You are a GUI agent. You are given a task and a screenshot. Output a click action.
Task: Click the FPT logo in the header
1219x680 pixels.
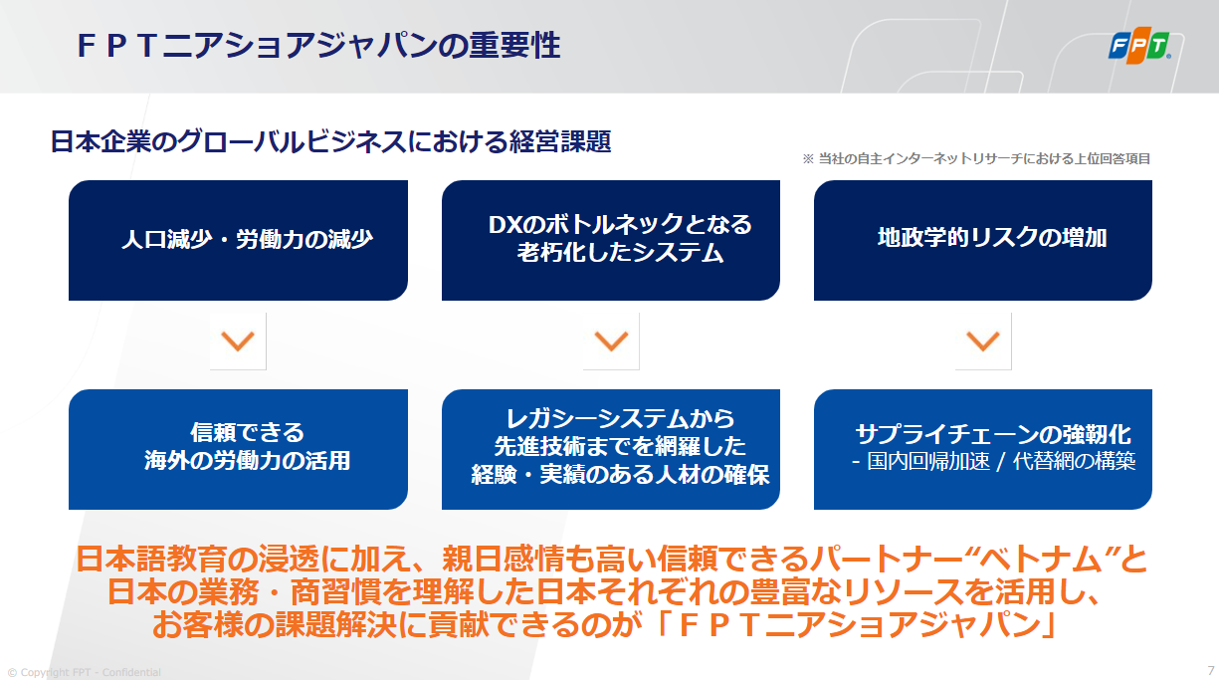pos(1139,45)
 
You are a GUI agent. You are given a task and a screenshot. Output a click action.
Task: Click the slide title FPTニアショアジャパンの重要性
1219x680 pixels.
pos(318,45)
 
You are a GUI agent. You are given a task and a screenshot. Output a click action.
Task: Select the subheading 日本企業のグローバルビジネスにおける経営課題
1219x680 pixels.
pos(330,141)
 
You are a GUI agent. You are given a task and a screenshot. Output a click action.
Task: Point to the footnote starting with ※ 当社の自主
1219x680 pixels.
pos(976,159)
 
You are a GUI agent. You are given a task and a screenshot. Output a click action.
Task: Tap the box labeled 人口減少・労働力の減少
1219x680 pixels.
pos(239,240)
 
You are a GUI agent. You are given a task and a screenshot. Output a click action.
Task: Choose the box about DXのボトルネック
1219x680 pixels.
pos(611,240)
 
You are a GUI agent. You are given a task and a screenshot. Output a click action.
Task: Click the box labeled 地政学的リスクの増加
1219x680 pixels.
pos(983,240)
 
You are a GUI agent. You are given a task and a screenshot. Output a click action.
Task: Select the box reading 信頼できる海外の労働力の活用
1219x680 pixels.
pos(239,449)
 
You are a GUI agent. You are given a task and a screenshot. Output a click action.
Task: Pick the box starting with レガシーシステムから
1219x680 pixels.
pos(611,449)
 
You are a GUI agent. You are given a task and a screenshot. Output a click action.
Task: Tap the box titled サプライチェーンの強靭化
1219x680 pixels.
pos(983,449)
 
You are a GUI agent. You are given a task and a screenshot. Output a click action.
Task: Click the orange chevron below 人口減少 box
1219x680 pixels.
pos(238,341)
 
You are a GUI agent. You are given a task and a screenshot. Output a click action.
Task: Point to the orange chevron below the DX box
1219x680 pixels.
pos(611,341)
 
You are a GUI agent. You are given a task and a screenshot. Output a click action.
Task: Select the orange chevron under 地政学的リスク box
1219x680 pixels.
pos(983,341)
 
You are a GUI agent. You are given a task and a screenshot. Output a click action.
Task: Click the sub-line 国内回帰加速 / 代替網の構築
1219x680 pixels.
pos(994,461)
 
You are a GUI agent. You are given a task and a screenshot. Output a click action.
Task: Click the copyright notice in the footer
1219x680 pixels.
pos(85,672)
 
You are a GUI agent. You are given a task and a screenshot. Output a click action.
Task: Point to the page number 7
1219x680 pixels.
pos(1211,670)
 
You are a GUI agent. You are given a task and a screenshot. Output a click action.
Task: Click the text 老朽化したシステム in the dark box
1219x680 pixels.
pos(620,253)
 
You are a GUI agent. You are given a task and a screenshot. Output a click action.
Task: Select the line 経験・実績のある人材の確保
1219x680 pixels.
pos(620,475)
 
